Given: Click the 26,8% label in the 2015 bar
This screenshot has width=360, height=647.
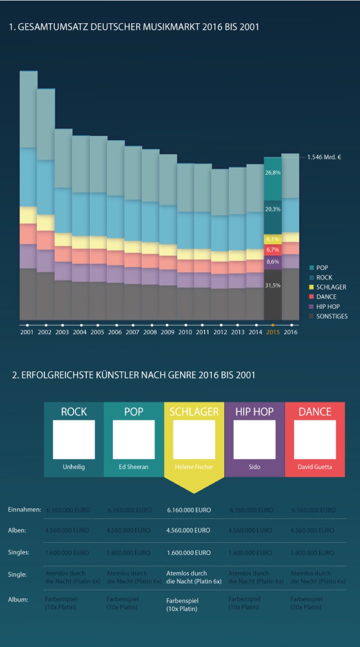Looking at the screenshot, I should (273, 172).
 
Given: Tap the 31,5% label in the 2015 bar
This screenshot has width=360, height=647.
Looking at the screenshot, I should (273, 285).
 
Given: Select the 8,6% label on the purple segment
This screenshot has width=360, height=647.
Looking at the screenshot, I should (273, 262).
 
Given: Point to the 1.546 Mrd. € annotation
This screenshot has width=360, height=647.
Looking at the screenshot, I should (324, 157).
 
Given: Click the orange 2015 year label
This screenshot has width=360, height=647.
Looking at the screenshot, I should (273, 332).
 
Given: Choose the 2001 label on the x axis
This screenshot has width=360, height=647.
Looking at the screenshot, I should (27, 332).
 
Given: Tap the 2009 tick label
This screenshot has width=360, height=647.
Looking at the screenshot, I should (167, 332).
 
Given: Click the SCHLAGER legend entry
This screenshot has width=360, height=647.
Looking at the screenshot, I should (331, 287).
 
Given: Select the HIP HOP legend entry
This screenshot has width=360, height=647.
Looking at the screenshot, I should (327, 306).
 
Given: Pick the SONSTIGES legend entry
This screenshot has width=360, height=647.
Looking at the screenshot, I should (332, 316).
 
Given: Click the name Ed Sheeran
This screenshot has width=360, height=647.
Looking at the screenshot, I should (133, 467).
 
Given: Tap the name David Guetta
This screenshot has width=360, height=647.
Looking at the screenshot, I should (315, 467).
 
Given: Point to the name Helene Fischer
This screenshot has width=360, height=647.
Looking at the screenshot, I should (194, 467).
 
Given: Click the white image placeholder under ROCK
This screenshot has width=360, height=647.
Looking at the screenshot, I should (73, 439).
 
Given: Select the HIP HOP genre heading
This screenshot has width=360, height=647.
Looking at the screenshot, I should (254, 411).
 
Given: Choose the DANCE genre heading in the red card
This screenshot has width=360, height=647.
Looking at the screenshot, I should (315, 411).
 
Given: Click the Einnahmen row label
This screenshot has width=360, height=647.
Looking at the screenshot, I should (25, 510).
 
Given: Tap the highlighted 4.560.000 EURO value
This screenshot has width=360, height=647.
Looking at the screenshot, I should (188, 530).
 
